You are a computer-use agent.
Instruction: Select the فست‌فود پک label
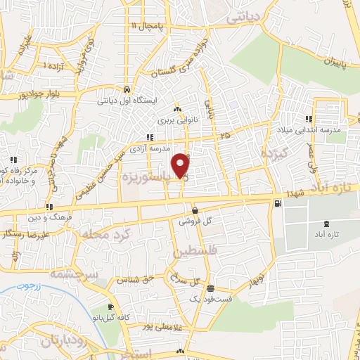tap(209, 300)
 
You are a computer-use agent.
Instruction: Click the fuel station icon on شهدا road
tap(278, 204)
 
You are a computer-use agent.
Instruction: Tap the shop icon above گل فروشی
tap(195, 210)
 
